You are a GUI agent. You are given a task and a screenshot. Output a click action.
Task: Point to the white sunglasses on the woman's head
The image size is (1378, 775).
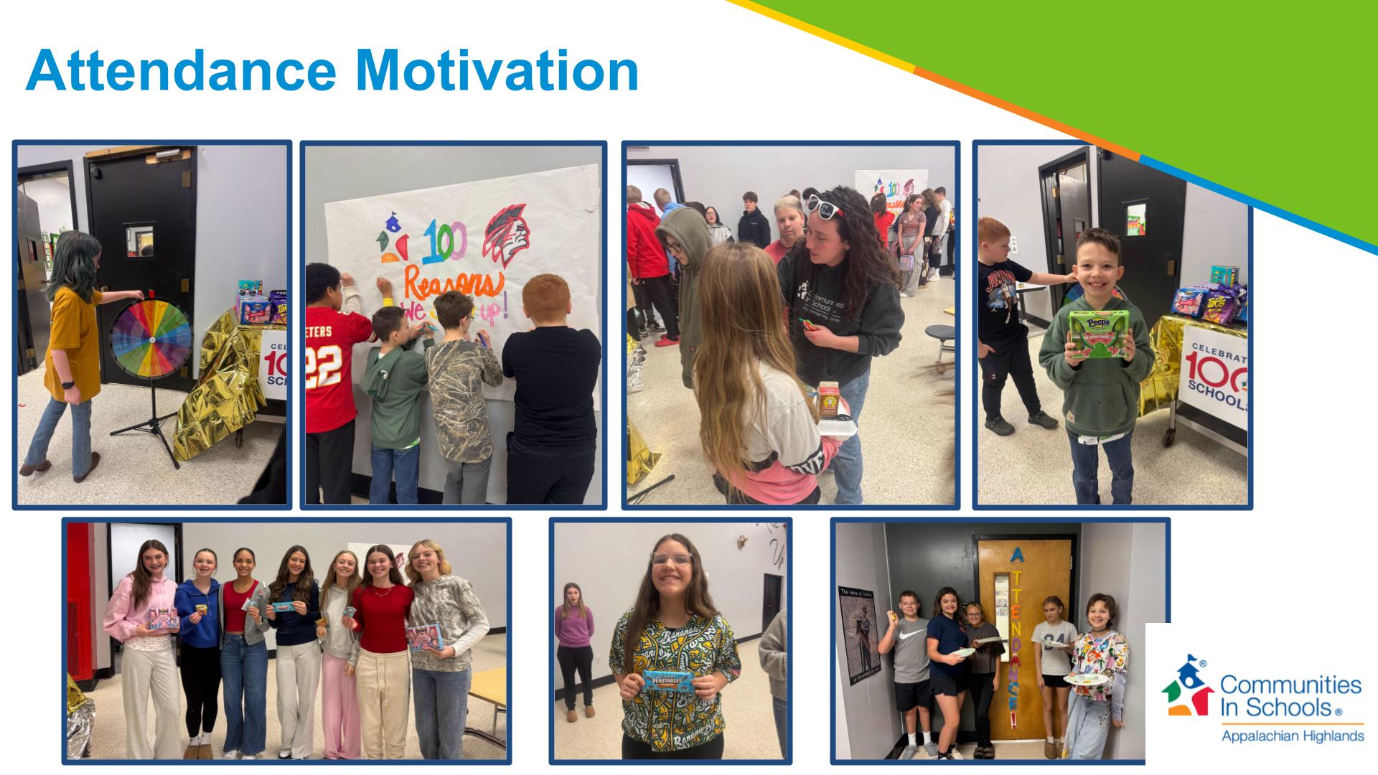824,206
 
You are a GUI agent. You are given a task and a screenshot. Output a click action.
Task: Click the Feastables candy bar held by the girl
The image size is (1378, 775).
672,680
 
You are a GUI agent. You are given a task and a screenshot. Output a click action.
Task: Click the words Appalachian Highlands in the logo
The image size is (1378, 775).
1292,736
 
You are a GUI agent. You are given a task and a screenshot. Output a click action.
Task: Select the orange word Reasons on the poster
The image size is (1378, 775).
453,283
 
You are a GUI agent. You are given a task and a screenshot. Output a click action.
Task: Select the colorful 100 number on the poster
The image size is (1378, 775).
445,243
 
